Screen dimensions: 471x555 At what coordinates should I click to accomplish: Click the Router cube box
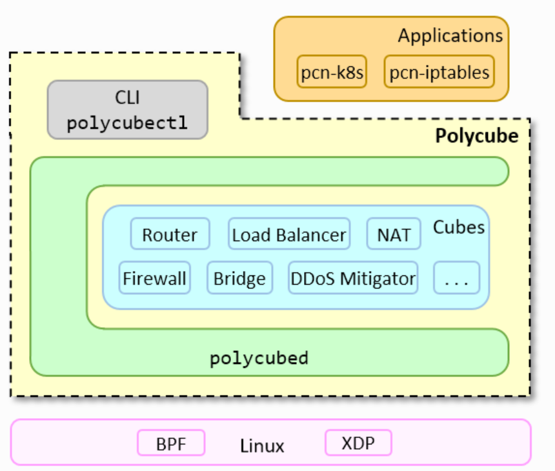170,234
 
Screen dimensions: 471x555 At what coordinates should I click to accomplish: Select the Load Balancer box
288,234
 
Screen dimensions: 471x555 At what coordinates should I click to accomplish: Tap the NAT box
394,234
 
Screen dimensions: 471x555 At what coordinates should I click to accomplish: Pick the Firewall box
155,278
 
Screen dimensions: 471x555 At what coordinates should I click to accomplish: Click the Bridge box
239,278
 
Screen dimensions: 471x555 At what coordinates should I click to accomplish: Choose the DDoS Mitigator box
352,278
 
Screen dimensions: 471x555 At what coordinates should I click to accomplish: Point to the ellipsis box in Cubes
457,278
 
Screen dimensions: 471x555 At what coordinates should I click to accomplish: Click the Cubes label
459,227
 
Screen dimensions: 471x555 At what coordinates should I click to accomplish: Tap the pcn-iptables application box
439,72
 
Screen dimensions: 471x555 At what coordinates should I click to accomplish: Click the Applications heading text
450,35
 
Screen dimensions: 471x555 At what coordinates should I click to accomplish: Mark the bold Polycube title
476,136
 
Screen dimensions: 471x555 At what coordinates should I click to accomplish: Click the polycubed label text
259,358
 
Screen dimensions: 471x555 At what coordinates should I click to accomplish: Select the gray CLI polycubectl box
128,110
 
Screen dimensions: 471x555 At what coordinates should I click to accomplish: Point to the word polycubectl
127,123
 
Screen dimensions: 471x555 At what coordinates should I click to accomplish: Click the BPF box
171,443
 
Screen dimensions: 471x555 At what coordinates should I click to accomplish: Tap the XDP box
358,443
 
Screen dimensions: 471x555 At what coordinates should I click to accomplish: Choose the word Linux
262,445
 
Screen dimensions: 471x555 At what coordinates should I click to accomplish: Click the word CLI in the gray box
127,98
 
